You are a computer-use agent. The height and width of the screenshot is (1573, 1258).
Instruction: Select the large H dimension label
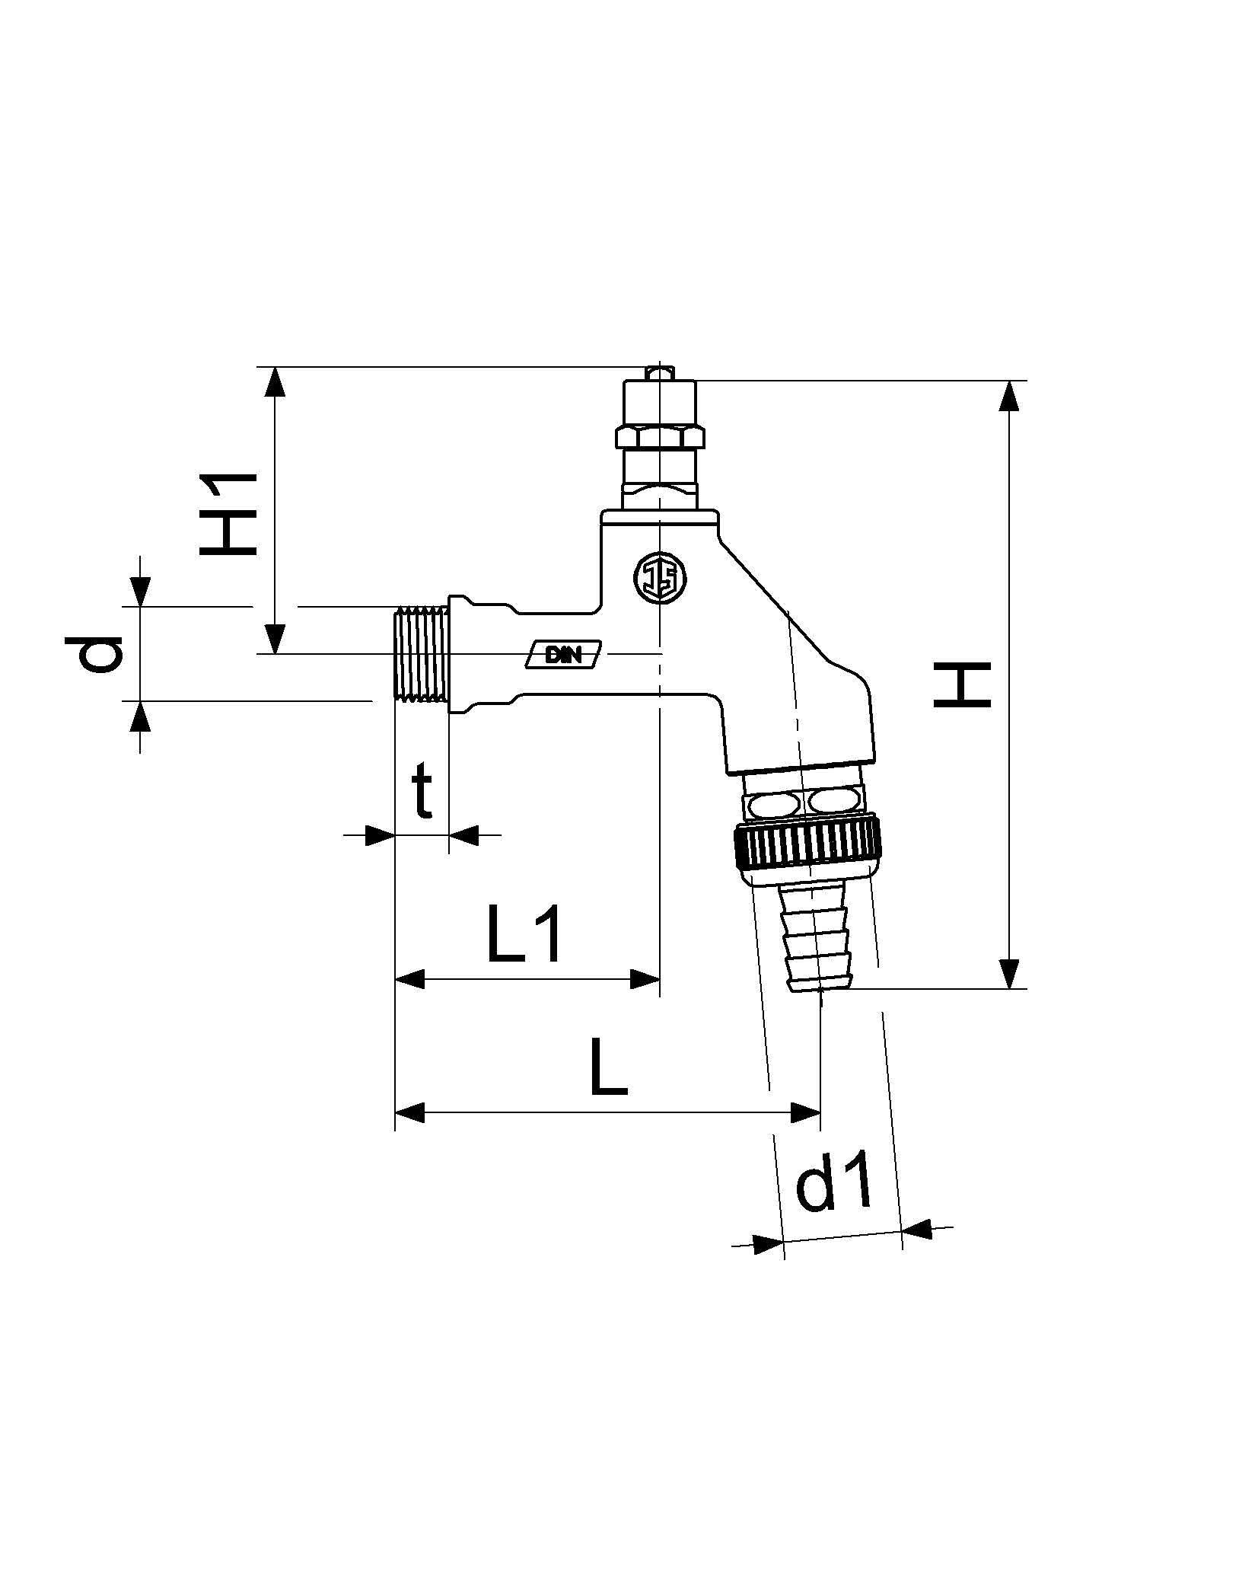point(962,684)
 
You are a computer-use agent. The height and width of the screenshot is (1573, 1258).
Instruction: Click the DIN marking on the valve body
point(564,654)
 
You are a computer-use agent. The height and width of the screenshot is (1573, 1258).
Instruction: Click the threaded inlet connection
point(421,652)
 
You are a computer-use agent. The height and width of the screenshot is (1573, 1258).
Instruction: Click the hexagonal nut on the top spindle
point(659,437)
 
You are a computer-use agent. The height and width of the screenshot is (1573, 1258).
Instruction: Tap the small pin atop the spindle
point(658,372)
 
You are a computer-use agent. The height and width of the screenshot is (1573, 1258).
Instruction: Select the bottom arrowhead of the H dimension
point(1009,974)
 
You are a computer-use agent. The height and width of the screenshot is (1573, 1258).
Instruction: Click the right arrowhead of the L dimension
point(806,1112)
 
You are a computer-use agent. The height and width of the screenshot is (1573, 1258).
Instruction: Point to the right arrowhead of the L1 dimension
point(645,979)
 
